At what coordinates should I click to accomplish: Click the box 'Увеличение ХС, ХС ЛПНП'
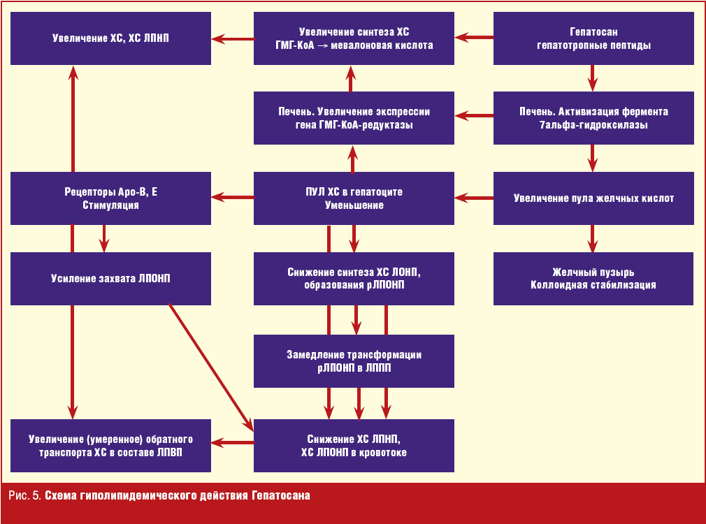tap(110, 39)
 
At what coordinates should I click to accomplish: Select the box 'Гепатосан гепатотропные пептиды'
tap(593, 39)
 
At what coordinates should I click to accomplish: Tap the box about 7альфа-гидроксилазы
tap(593, 119)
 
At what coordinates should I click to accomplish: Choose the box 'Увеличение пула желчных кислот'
tap(593, 198)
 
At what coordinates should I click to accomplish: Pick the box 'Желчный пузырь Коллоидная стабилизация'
tap(593, 278)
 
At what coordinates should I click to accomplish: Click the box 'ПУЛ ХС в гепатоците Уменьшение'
tap(354, 198)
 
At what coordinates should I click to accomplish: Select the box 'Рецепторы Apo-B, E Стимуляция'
tap(110, 198)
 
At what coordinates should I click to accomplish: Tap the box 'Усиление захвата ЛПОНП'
tap(110, 278)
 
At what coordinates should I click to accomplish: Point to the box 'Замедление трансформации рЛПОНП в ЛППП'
tap(354, 361)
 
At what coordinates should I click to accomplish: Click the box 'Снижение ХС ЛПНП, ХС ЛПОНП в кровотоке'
tap(354, 446)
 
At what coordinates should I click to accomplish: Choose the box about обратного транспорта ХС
tap(110, 446)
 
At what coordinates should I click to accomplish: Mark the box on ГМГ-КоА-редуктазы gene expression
tap(354, 119)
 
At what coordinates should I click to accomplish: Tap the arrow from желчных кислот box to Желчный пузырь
tap(593, 238)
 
